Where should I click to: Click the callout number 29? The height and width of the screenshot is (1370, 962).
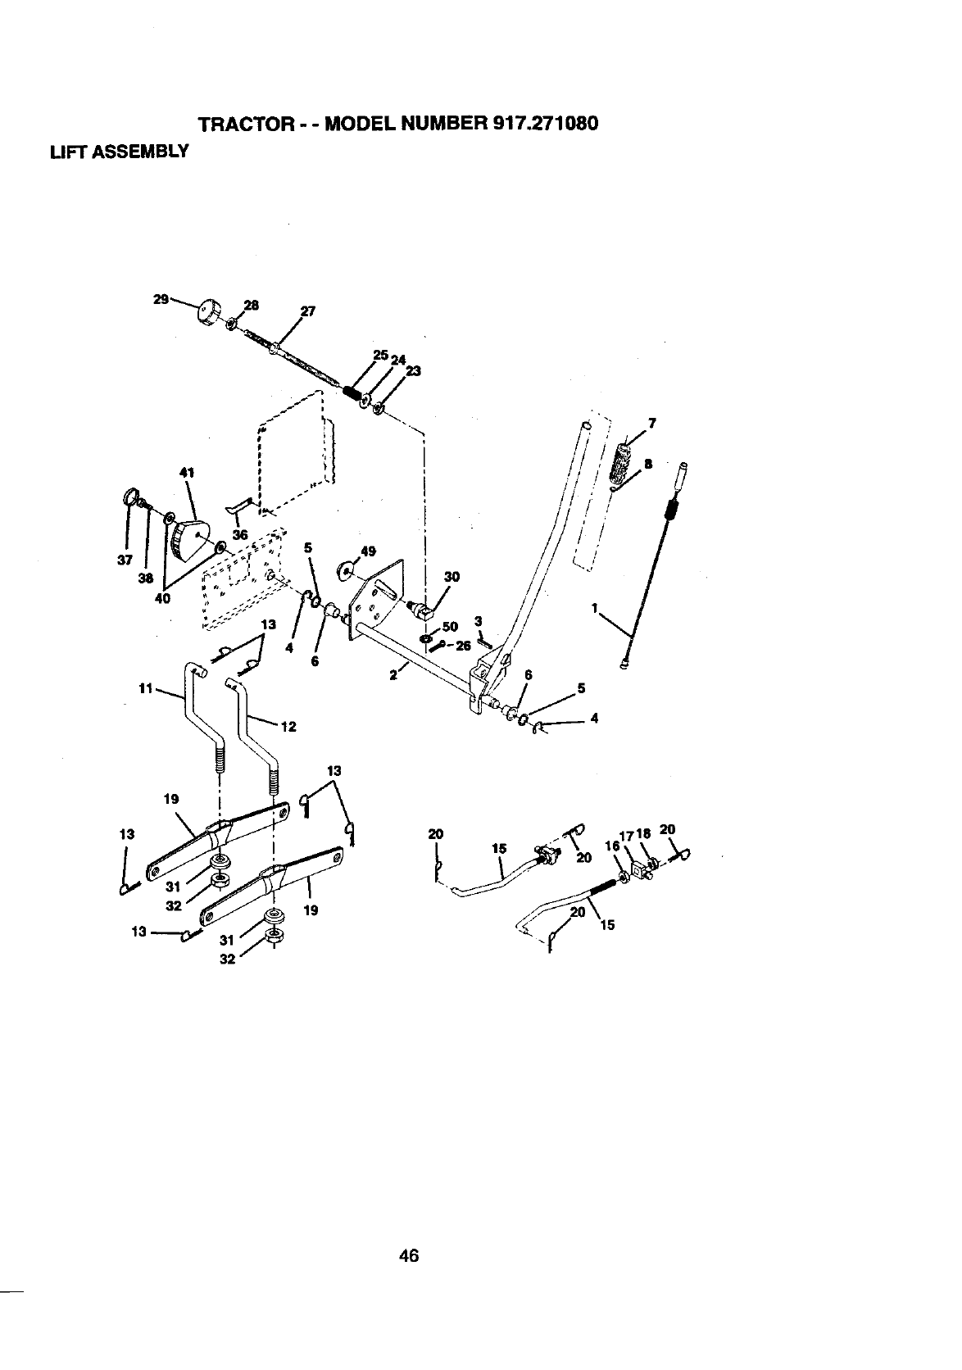pyautogui.click(x=161, y=299)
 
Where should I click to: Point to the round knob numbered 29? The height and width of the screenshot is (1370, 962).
pyautogui.click(x=211, y=311)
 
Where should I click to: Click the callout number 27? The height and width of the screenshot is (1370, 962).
pyautogui.click(x=308, y=311)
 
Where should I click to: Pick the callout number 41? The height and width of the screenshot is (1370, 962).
pyautogui.click(x=184, y=472)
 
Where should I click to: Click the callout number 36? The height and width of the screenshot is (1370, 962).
pyautogui.click(x=240, y=534)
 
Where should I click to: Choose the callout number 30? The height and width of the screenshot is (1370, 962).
pyautogui.click(x=450, y=577)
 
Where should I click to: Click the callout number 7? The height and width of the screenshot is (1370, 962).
pyautogui.click(x=652, y=424)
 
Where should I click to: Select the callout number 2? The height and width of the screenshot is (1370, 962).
pyautogui.click(x=393, y=675)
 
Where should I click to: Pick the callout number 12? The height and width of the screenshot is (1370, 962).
pyautogui.click(x=288, y=726)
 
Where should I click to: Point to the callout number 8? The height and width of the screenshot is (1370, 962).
pyautogui.click(x=648, y=464)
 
